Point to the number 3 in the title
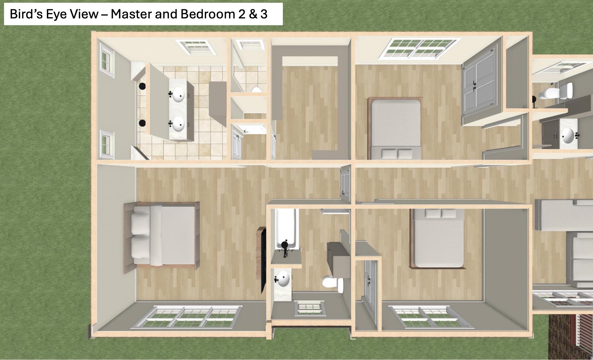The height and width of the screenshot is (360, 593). pos(264,14)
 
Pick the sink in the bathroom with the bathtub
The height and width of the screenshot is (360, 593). pos(282,279)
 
